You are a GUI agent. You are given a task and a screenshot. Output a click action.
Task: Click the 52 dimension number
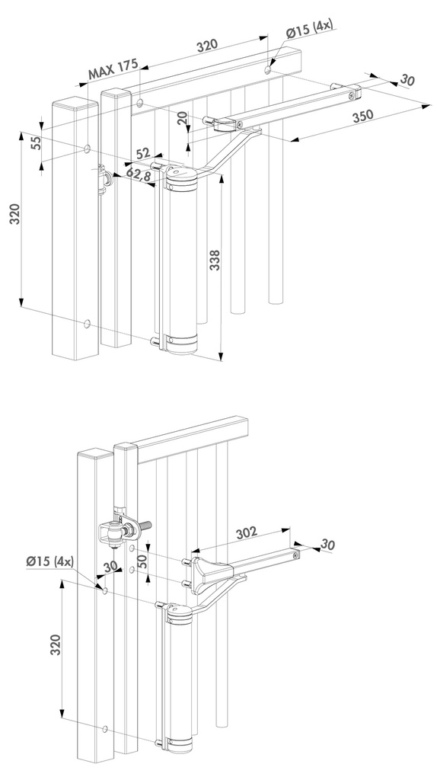[x=142, y=154]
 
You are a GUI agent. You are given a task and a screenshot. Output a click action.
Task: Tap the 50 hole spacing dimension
[x=142, y=561]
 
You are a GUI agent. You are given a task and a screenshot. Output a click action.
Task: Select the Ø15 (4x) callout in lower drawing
[x=48, y=561]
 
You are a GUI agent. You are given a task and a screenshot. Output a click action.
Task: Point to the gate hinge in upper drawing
[x=105, y=181]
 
